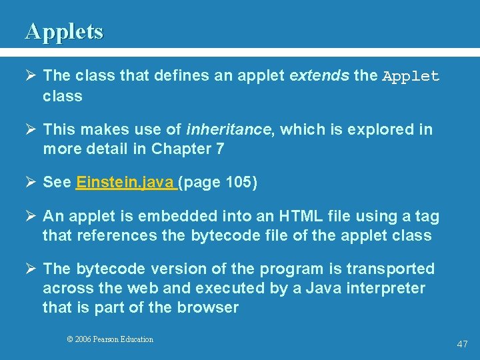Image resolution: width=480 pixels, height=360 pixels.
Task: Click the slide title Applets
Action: (x=64, y=31)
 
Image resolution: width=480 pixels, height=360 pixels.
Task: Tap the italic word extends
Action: (x=319, y=76)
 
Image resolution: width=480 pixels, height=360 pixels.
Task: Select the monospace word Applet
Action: (x=411, y=77)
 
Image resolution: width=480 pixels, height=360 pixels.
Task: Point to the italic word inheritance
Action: (x=229, y=129)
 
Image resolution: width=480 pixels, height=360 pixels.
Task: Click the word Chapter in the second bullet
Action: (x=179, y=149)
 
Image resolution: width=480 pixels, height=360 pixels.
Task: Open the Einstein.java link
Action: (x=126, y=183)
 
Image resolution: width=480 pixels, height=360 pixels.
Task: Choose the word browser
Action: (x=207, y=307)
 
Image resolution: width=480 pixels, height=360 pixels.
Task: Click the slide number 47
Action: (x=462, y=344)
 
